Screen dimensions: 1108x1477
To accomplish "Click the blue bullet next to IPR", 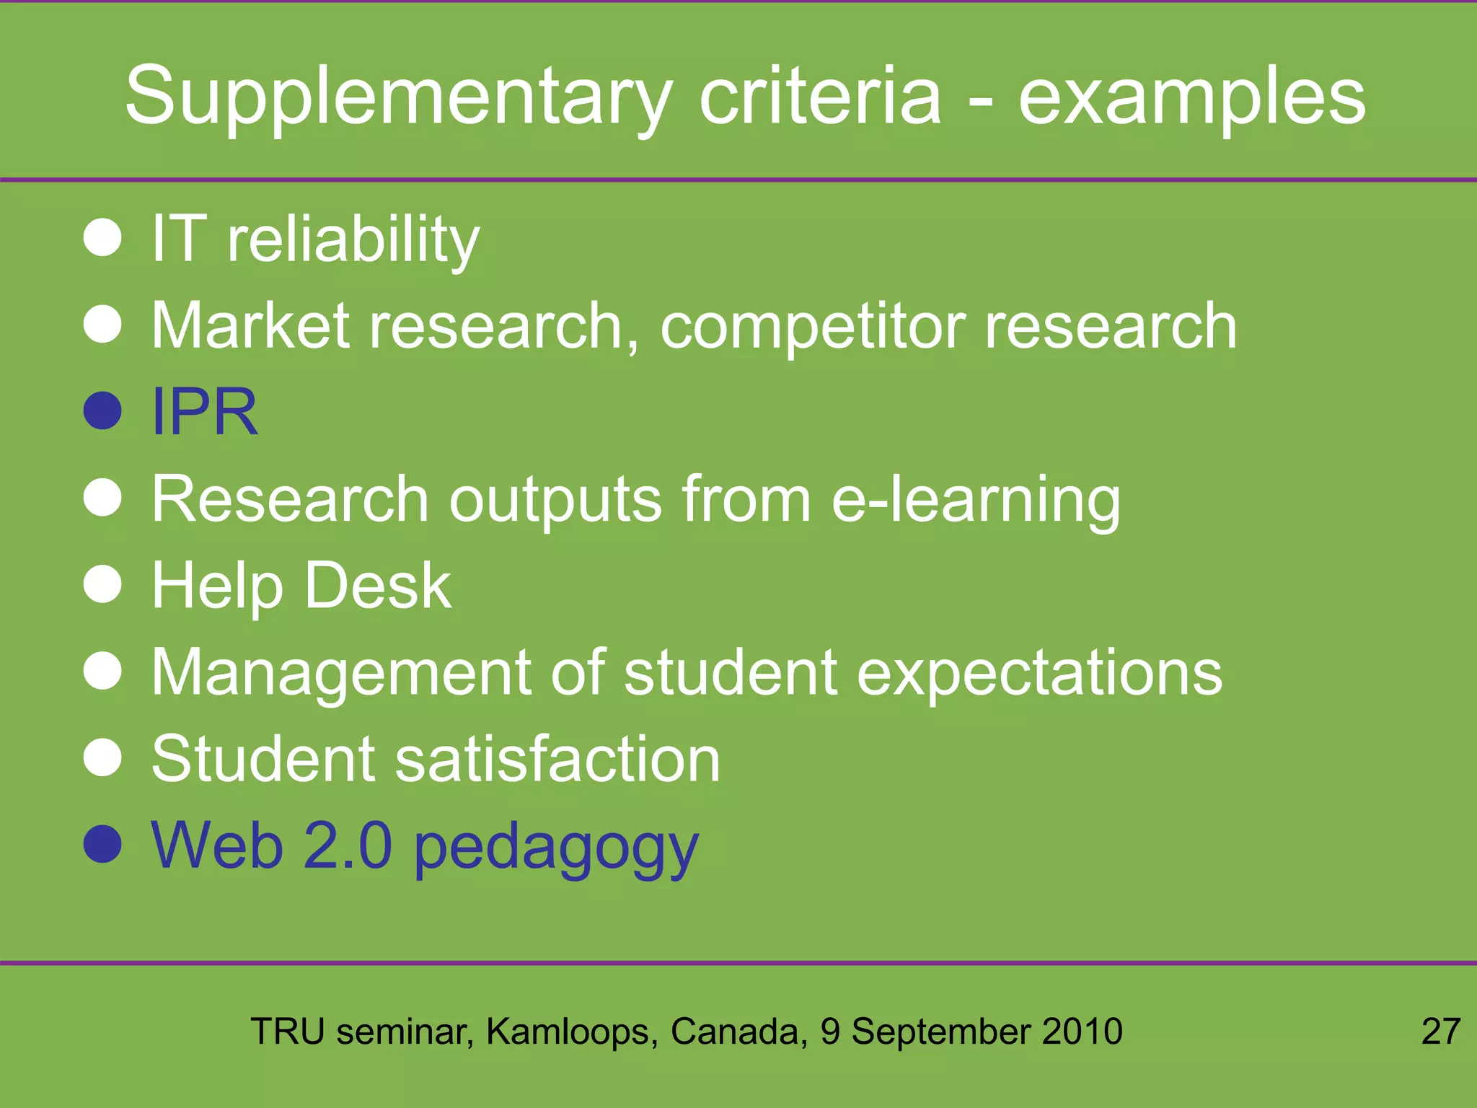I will point(102,410).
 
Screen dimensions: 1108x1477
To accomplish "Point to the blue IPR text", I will point(205,411).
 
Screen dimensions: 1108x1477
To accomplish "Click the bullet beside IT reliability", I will point(102,238).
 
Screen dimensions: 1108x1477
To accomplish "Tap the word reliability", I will point(353,239).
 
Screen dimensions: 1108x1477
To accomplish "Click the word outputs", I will point(555,501).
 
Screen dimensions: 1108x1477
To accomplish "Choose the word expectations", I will point(1039,673).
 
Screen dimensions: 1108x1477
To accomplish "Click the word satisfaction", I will point(557,759).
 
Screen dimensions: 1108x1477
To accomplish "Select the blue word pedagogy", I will point(556,848).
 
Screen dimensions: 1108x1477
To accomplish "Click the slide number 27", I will point(1440,1032).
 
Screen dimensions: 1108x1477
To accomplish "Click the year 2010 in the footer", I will point(1083,1032).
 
